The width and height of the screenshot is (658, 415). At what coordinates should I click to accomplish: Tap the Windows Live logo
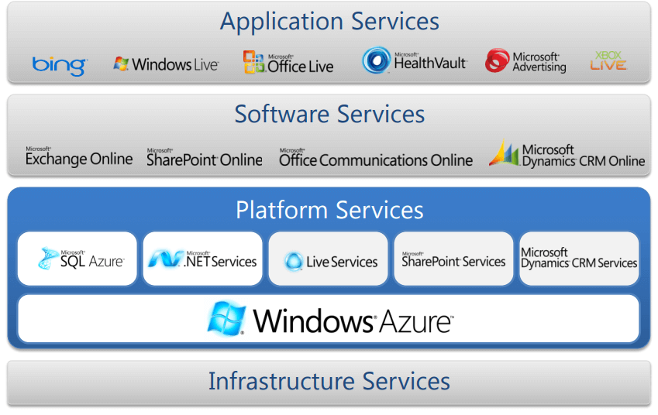[166, 63]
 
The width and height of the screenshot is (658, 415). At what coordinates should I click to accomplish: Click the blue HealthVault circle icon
[377, 61]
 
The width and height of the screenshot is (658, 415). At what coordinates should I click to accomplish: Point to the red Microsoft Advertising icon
[497, 61]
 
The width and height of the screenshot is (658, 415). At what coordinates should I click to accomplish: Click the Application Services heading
[329, 21]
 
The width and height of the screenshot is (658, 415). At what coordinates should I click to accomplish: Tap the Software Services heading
[329, 115]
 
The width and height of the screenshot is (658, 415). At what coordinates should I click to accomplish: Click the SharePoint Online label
[205, 158]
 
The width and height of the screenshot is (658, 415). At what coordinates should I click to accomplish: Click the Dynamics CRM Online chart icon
[503, 154]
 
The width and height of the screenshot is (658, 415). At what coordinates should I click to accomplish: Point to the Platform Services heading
[329, 210]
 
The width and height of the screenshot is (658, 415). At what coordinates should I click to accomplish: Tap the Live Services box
[329, 259]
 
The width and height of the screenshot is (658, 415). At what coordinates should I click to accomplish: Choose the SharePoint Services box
[454, 259]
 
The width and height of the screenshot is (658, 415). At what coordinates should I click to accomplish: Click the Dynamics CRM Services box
[579, 259]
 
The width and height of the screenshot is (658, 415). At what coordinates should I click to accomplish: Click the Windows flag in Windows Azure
[226, 318]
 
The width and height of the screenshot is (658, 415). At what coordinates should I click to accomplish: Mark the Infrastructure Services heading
[329, 381]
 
